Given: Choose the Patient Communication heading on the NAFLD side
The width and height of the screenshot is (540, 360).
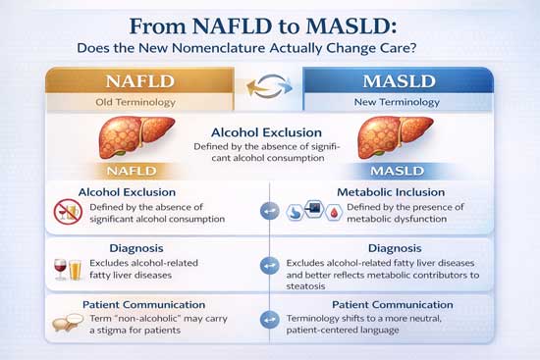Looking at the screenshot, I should (x=144, y=305).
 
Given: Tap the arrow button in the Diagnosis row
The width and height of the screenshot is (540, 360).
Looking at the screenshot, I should (x=269, y=266).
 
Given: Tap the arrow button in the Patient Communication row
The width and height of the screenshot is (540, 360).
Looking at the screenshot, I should (x=269, y=322).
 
